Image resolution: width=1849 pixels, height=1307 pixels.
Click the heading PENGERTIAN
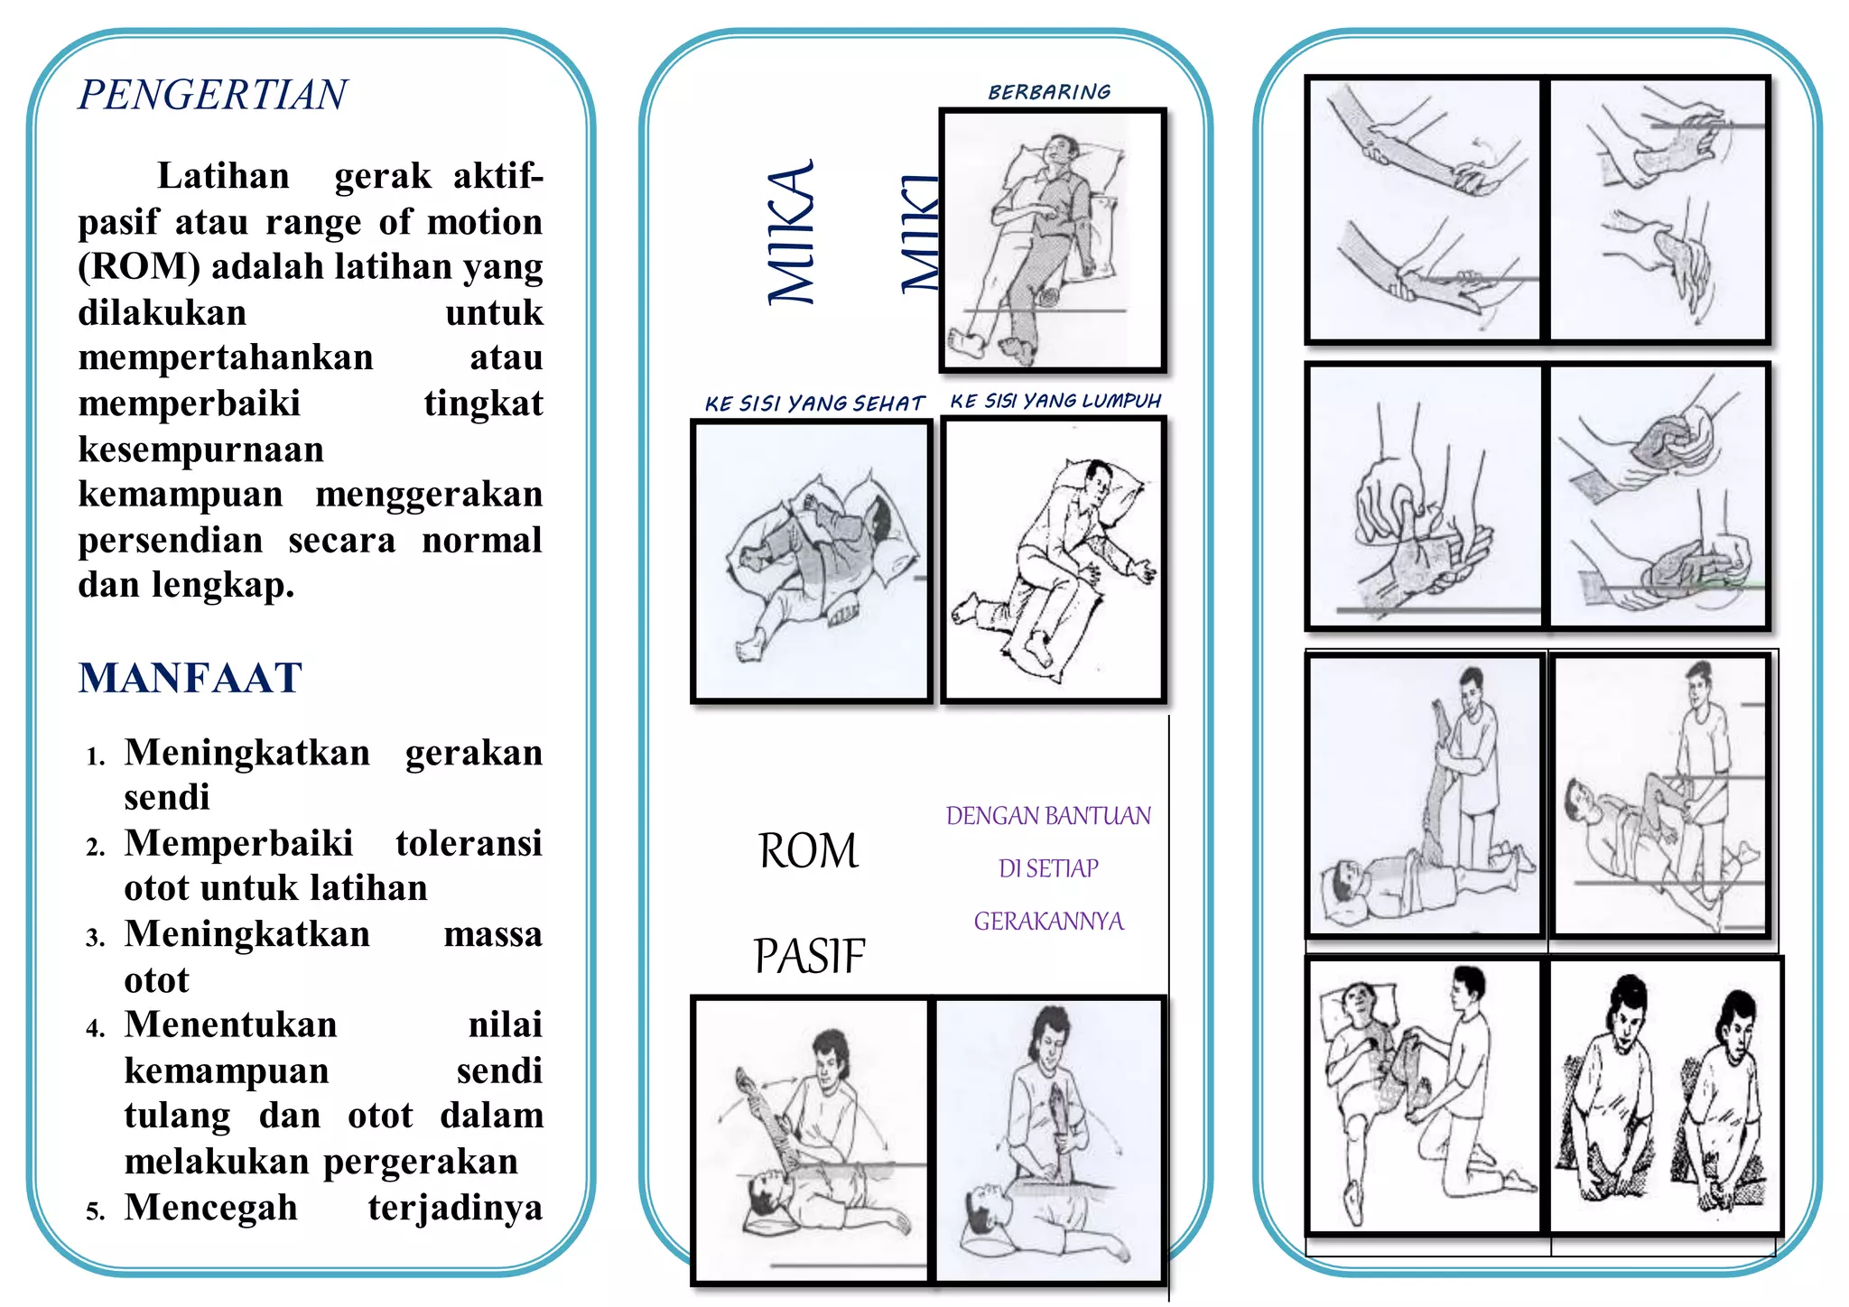tap(212, 95)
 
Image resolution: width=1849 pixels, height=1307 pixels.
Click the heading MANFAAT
tap(190, 678)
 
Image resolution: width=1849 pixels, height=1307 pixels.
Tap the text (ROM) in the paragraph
tap(138, 267)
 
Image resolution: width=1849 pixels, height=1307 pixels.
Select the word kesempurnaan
tap(200, 450)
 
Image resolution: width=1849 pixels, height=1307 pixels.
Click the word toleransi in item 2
tap(469, 843)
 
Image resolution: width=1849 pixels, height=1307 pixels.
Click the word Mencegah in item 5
tap(210, 1208)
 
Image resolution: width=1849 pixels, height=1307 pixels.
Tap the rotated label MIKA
tap(792, 233)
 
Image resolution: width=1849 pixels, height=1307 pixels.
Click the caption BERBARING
tap(1049, 92)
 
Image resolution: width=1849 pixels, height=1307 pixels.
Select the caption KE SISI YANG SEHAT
tap(814, 403)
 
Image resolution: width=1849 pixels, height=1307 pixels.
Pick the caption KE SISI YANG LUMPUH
tap(1055, 401)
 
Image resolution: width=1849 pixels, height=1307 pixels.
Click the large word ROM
tap(808, 851)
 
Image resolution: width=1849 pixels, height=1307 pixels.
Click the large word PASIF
tap(809, 957)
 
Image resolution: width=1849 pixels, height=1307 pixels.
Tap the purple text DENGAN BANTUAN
tap(1048, 816)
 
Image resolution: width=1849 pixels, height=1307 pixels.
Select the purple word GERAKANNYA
tap(1048, 922)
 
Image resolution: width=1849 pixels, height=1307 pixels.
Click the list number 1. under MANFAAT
tap(96, 756)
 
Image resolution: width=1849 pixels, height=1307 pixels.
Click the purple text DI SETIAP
tap(1048, 868)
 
